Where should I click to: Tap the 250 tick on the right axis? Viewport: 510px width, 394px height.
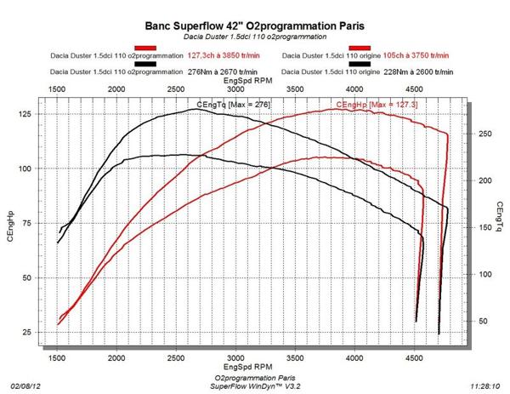pyautogui.click(x=481, y=134)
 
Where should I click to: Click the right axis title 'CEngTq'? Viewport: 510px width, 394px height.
pyautogui.click(x=500, y=218)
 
